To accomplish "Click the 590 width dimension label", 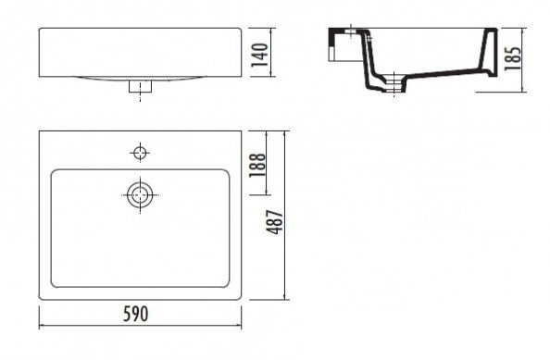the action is pyautogui.click(x=136, y=314).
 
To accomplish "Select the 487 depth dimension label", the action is pyautogui.click(x=275, y=222).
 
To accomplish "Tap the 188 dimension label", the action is pyautogui.click(x=257, y=165).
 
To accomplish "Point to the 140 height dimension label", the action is pyautogui.click(x=260, y=55).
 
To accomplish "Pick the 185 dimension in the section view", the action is pyautogui.click(x=513, y=58).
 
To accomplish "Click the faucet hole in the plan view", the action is pyautogui.click(x=140, y=153).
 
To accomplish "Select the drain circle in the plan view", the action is pyautogui.click(x=140, y=194).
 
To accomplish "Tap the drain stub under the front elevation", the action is pyautogui.click(x=140, y=86).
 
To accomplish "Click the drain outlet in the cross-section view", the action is pyautogui.click(x=394, y=84).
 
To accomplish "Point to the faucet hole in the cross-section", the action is pyautogui.click(x=351, y=31).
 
